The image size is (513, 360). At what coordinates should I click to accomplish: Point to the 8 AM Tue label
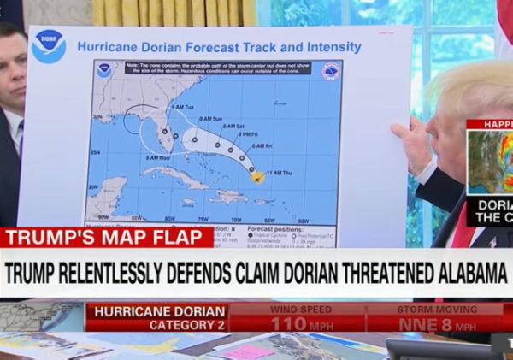182,107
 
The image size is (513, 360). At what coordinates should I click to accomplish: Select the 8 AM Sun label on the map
210,119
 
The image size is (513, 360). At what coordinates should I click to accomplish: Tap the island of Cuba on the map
175,177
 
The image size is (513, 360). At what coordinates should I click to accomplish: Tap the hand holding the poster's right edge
413,143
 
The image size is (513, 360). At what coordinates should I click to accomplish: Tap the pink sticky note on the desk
249,351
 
